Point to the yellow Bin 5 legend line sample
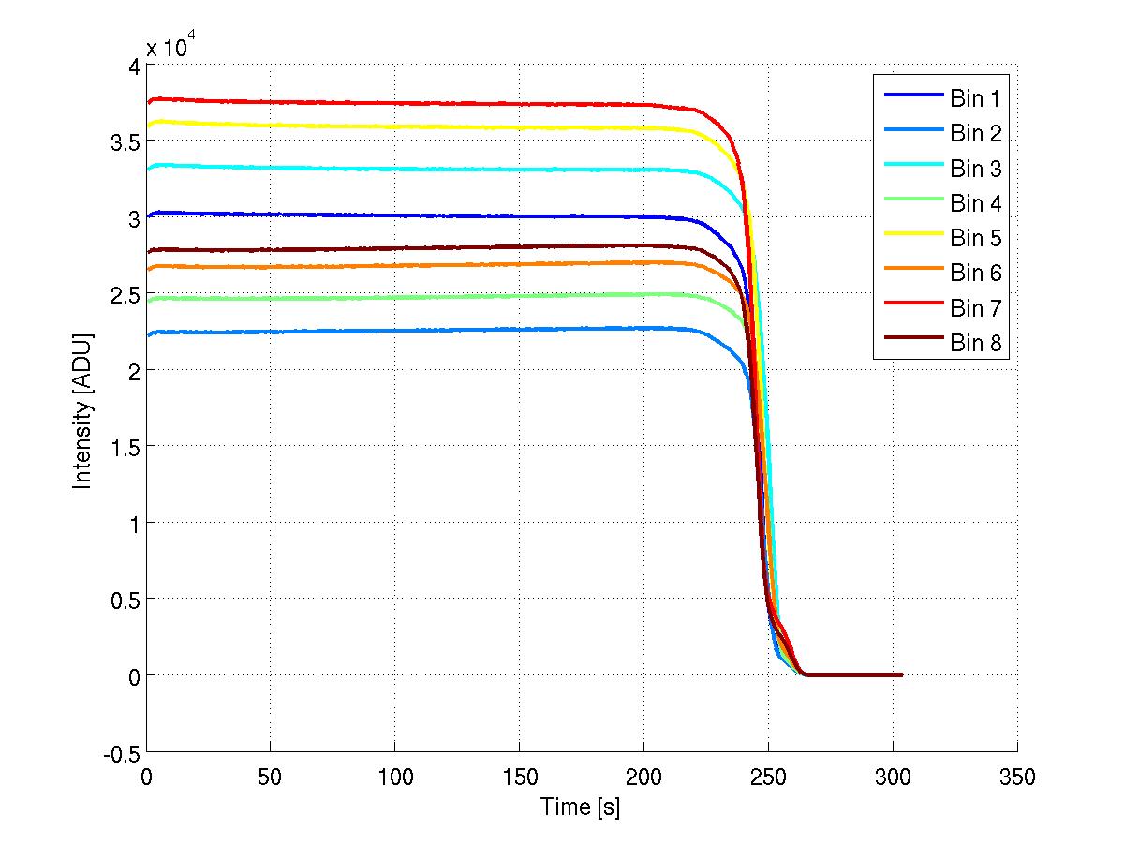(910, 239)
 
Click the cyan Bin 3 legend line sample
(910, 169)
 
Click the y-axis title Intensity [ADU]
(83, 407)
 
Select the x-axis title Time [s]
(581, 806)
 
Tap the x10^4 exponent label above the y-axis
(170, 47)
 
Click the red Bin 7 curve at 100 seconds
(394, 103)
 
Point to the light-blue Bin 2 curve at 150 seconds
(519, 330)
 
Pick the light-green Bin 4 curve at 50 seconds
(270, 299)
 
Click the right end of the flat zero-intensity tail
(900, 674)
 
